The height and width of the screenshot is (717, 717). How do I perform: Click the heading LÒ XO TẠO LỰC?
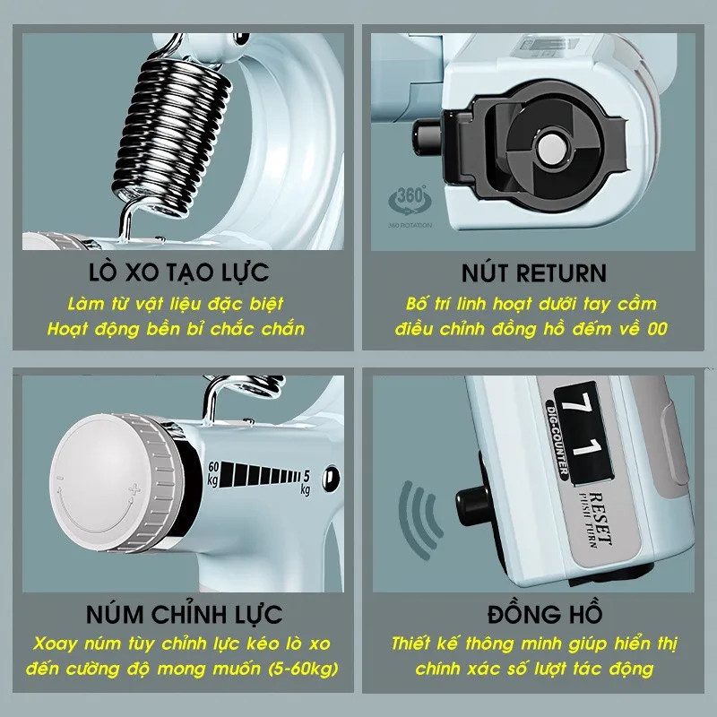(x=178, y=272)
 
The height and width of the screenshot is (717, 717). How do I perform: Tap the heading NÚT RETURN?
(x=533, y=273)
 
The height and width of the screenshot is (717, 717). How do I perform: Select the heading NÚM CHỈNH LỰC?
(x=184, y=613)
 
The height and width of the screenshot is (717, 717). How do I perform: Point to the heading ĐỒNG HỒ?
(x=544, y=613)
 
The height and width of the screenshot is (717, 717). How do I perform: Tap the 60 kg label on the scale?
(x=213, y=474)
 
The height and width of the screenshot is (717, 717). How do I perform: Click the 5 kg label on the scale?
(x=305, y=483)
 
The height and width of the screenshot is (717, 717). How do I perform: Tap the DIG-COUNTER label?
(x=557, y=439)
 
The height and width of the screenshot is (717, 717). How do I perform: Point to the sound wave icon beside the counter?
(x=419, y=520)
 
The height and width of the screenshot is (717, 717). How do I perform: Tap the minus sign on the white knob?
(x=60, y=479)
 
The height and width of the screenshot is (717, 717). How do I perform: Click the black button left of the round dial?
(x=427, y=135)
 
